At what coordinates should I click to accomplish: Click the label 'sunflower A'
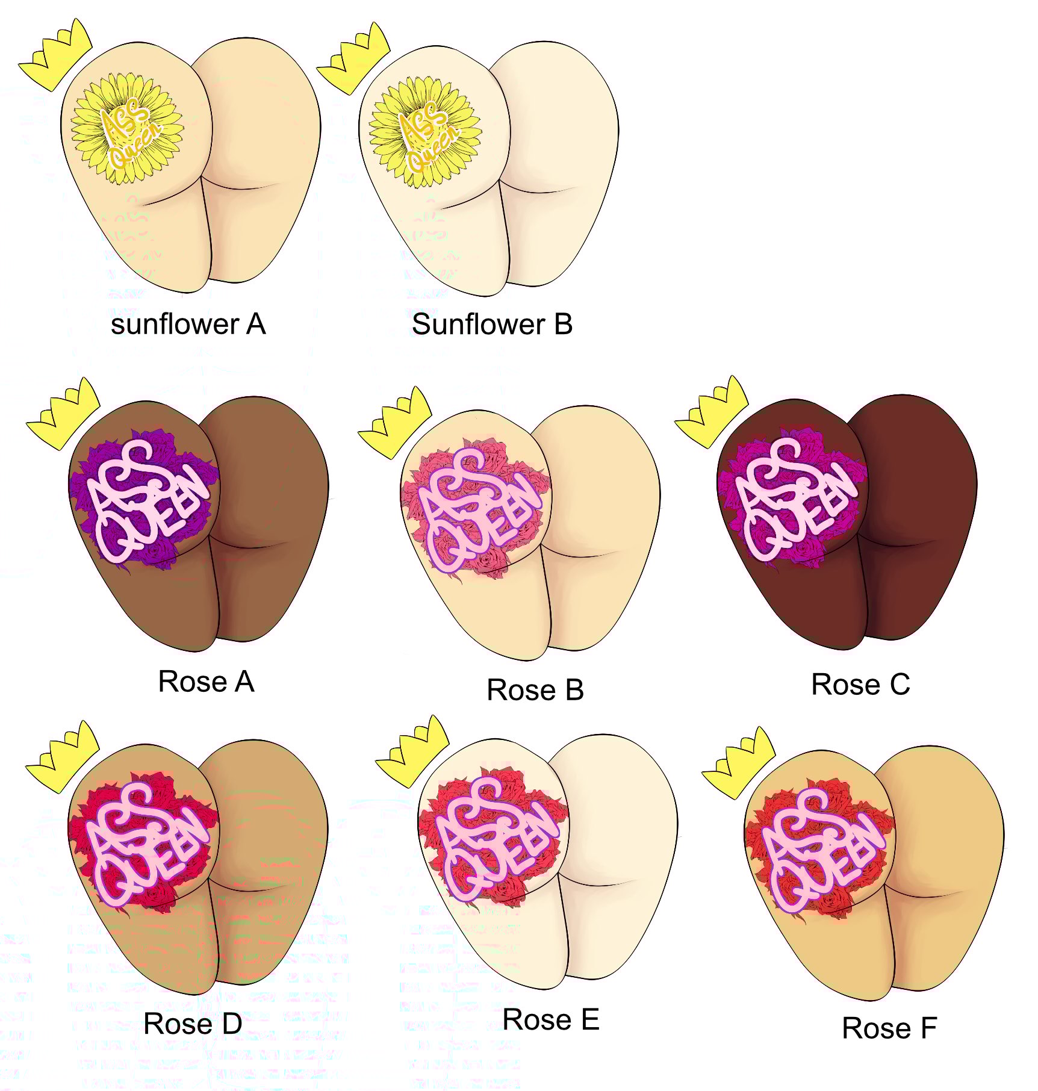pyautogui.click(x=188, y=325)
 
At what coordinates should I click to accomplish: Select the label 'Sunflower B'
pyautogui.click(x=492, y=325)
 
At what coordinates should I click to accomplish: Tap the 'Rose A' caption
pyautogui.click(x=206, y=682)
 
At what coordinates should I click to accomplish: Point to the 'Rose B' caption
pyautogui.click(x=535, y=690)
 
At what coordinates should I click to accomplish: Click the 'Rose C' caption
pyautogui.click(x=860, y=685)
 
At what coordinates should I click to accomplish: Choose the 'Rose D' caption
pyautogui.click(x=193, y=1024)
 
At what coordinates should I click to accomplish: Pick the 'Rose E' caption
pyautogui.click(x=550, y=1020)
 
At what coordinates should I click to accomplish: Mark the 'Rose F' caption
pyautogui.click(x=889, y=1028)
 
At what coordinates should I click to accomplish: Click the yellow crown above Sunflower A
pyautogui.click(x=55, y=55)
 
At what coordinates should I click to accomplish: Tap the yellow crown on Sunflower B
pyautogui.click(x=353, y=59)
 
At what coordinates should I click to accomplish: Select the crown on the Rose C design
pyautogui.click(x=711, y=412)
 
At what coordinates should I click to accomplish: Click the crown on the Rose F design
pyautogui.click(x=739, y=763)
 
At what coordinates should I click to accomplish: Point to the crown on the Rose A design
pyautogui.click(x=63, y=414)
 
